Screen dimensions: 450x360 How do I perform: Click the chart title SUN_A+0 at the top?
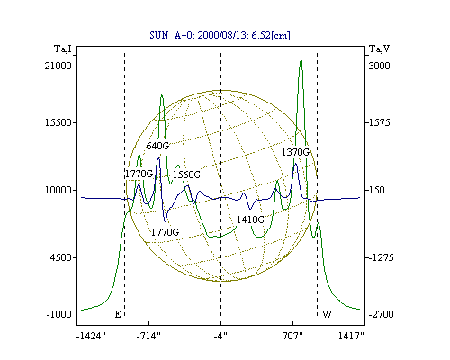(x=220, y=35)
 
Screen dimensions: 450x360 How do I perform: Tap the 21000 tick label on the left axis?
(x=58, y=66)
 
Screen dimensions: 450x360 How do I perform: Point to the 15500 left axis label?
(x=58, y=122)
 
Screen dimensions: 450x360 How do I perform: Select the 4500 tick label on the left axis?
(x=60, y=257)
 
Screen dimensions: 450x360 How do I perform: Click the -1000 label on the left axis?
(x=58, y=314)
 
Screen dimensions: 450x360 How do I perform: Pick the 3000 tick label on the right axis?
(x=379, y=66)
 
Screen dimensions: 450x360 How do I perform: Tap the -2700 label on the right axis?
(x=381, y=314)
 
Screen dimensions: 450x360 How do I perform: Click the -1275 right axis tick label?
(x=381, y=257)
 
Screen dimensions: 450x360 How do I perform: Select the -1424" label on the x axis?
(x=91, y=336)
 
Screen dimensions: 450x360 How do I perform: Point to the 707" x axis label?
(x=292, y=336)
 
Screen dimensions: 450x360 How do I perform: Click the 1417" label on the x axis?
(x=351, y=336)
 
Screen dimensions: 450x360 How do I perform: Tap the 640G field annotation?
(x=157, y=146)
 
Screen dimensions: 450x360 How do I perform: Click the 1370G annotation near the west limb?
(x=295, y=152)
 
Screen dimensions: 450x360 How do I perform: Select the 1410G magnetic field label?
(x=250, y=220)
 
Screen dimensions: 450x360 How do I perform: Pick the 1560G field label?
(x=186, y=175)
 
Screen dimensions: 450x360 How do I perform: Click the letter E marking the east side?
(x=118, y=314)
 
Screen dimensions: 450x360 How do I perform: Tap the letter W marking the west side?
(x=327, y=314)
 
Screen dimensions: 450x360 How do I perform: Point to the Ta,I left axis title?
(x=63, y=49)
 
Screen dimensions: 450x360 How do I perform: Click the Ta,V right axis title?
(x=379, y=49)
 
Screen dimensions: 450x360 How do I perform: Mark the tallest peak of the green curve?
(x=301, y=58)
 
